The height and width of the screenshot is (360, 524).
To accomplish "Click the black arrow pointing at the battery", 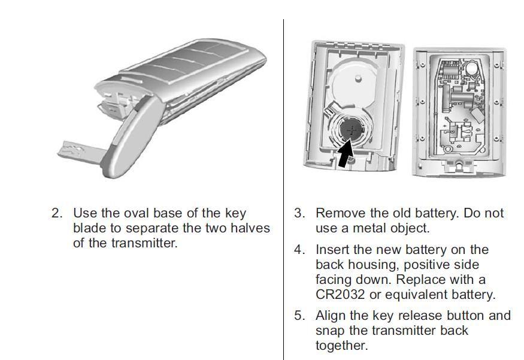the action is pos(346,154).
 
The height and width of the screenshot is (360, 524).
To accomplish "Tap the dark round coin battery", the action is pos(351,131).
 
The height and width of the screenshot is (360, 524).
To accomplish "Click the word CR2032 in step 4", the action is pos(340,295).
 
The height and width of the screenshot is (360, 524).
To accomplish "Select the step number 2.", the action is pos(57,213).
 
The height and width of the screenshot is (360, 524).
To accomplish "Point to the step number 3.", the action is pos(300,213).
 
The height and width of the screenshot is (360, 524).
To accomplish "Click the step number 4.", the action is pos(300,249).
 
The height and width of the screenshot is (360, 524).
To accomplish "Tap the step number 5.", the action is pos(300,315).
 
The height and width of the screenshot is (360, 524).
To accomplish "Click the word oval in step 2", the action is pos(137,213).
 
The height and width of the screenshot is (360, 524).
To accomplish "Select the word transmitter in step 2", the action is pos(144,243).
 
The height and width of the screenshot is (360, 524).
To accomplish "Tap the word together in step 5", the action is pos(341,346).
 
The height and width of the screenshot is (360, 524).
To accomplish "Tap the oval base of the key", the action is pos(129,137).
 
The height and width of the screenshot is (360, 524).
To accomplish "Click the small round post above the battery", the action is pos(358,78).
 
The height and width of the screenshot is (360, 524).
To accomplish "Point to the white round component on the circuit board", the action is pos(472,69).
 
